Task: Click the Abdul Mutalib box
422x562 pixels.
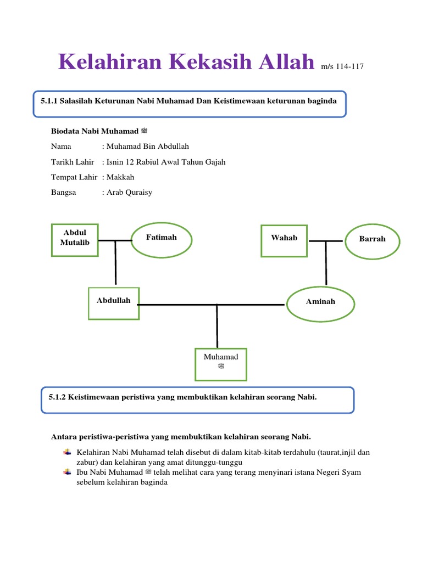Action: (75, 240)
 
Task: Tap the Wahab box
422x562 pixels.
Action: (284, 240)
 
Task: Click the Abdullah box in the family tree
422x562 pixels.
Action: (114, 304)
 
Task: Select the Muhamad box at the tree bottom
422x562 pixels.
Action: (221, 364)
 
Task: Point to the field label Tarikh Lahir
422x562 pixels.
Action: (73, 162)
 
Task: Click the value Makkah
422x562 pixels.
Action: (120, 177)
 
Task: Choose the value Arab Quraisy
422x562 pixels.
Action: (129, 193)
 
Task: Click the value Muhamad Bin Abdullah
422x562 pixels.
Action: (147, 147)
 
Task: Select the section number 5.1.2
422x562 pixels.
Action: (57, 396)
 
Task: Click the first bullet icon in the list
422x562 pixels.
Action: (68, 452)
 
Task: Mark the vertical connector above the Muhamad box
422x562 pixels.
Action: (217, 326)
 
